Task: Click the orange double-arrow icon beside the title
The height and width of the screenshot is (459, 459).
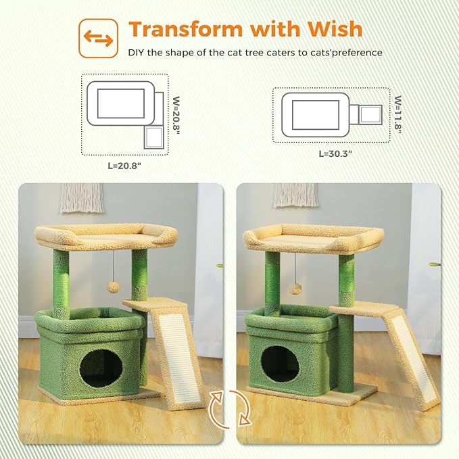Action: point(99,38)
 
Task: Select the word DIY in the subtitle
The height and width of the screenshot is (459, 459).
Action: point(138,53)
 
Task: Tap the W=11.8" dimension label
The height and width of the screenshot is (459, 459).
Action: point(398,114)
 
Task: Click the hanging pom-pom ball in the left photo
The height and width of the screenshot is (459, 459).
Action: point(114,287)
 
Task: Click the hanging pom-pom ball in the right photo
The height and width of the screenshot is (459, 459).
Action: point(295,289)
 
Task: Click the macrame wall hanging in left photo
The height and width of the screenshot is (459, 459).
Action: point(82,198)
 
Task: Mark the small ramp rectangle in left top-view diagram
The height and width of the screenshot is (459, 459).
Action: point(153,138)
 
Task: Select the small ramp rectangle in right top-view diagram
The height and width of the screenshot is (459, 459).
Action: point(370,114)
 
